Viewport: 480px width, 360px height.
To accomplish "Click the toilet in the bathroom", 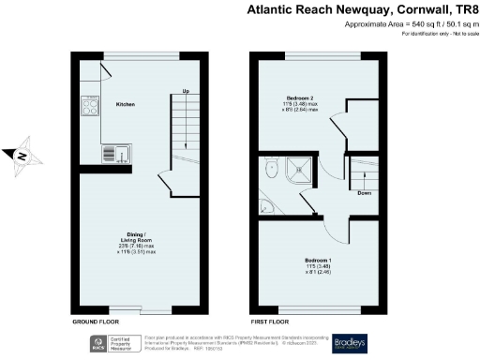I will coord(271,171).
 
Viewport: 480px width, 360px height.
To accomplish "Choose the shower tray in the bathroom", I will coord(302,169).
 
